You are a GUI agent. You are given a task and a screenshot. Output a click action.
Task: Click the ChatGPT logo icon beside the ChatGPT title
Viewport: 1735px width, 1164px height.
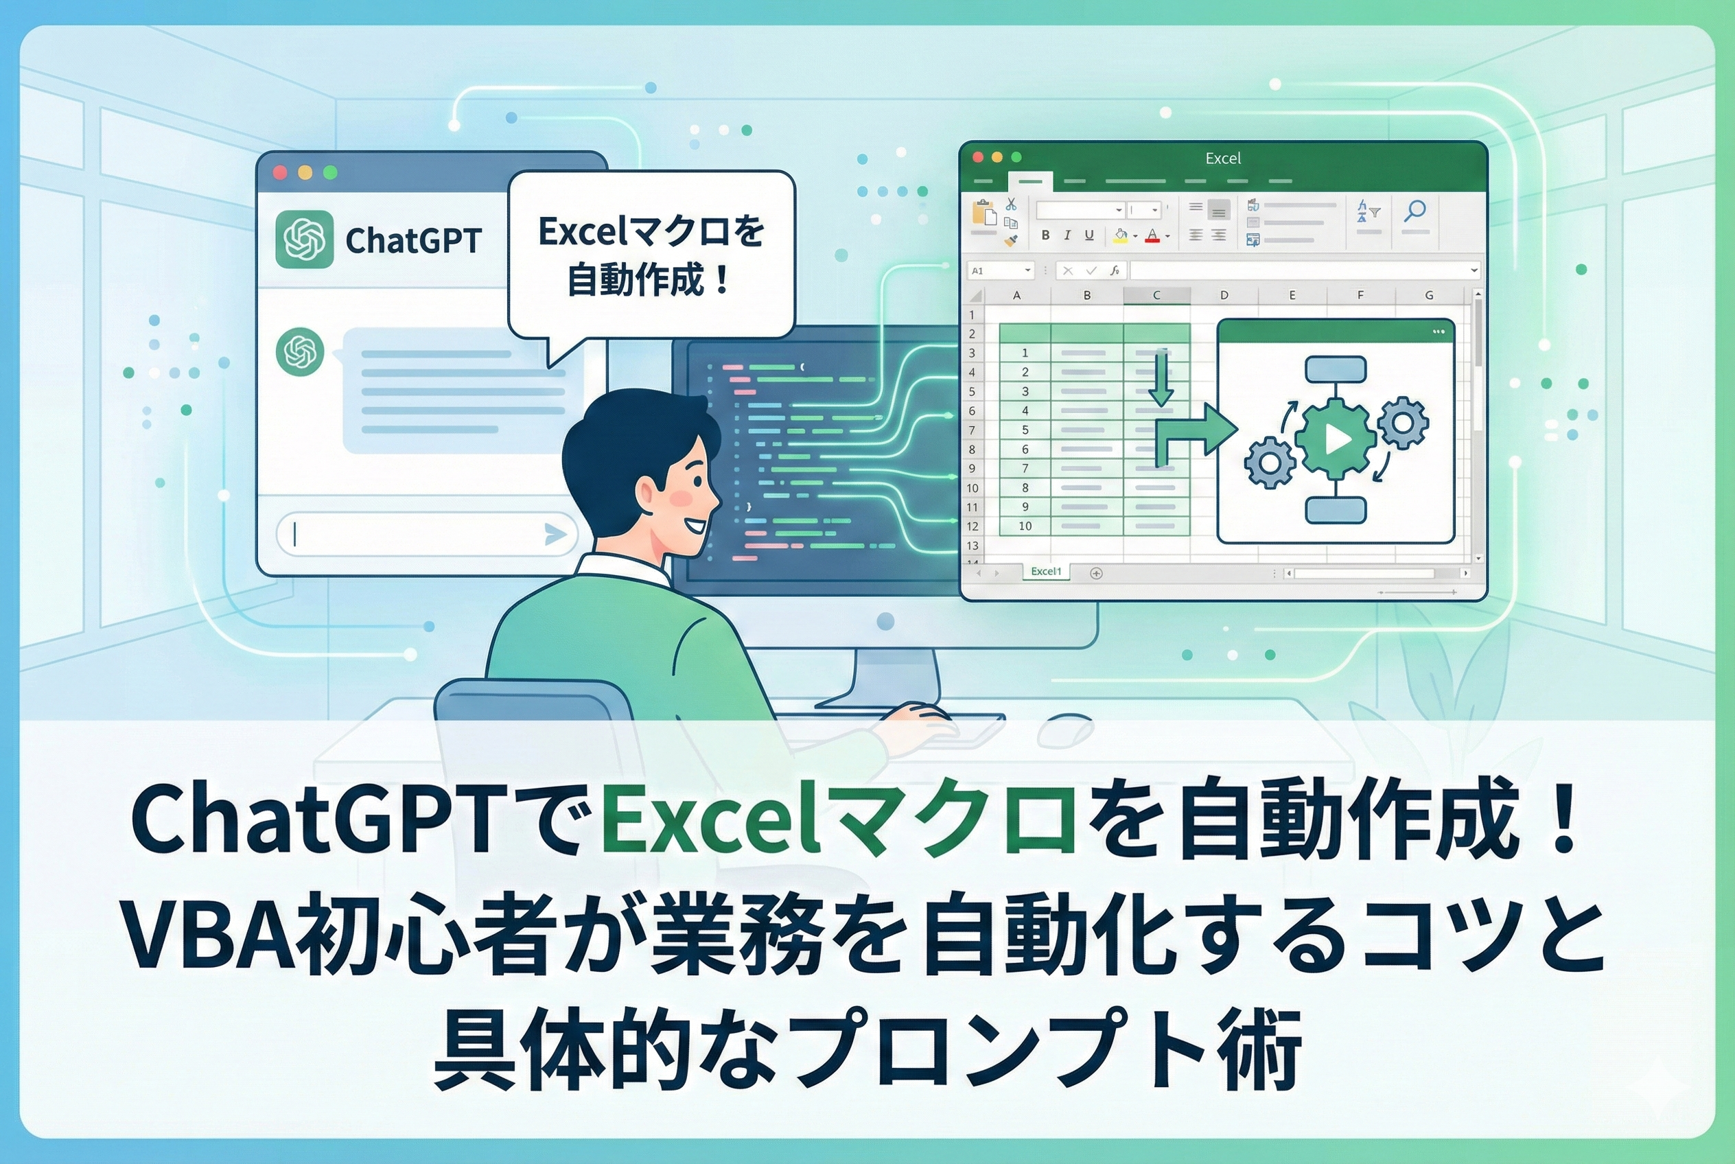pyautogui.click(x=303, y=239)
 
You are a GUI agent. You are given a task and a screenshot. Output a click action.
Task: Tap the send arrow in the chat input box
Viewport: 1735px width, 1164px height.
pyautogui.click(x=555, y=534)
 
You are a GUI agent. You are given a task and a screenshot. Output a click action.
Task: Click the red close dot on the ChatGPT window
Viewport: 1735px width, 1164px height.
pyautogui.click(x=280, y=172)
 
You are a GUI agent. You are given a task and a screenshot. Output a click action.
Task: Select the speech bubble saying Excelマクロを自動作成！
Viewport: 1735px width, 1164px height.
pyautogui.click(x=651, y=255)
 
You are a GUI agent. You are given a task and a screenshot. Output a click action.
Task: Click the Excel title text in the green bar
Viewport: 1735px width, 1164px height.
pyautogui.click(x=1223, y=158)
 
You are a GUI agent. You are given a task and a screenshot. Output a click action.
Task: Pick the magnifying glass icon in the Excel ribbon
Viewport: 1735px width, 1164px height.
pyautogui.click(x=1415, y=211)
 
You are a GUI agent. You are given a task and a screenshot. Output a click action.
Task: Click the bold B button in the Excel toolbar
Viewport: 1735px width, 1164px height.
pyautogui.click(x=1045, y=235)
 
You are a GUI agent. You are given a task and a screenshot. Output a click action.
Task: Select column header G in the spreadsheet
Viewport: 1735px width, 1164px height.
pyautogui.click(x=1428, y=294)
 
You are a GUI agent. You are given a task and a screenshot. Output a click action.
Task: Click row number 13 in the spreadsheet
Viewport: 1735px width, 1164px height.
pyautogui.click(x=972, y=546)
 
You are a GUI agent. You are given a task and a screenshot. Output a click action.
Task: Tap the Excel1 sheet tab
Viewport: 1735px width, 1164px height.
pyautogui.click(x=1046, y=572)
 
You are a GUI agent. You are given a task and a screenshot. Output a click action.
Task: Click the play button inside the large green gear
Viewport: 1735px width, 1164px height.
pyautogui.click(x=1337, y=439)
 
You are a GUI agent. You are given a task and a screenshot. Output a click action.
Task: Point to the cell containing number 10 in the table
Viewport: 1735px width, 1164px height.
pyautogui.click(x=1025, y=526)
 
